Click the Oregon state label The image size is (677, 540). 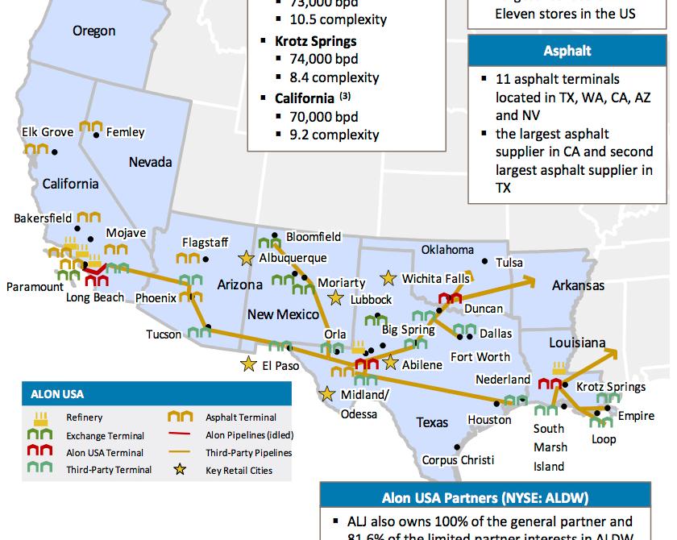click(93, 31)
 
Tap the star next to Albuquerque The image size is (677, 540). click(246, 258)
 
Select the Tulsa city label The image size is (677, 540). click(509, 263)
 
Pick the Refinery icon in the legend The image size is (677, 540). click(41, 417)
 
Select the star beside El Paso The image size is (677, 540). click(247, 364)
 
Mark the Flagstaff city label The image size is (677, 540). click(206, 242)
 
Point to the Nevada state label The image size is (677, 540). click(150, 162)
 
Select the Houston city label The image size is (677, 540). click(489, 419)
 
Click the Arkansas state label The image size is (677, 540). click(578, 285)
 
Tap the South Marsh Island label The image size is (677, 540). click(550, 447)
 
